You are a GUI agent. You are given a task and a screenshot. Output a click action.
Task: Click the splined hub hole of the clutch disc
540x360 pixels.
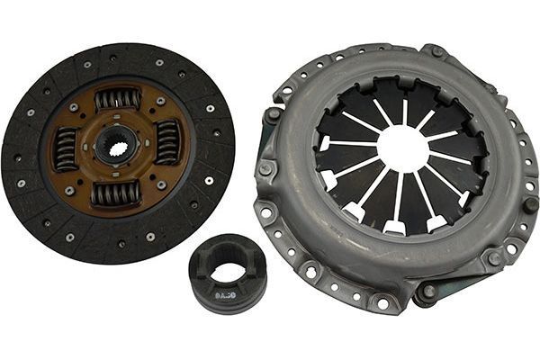point(118,144)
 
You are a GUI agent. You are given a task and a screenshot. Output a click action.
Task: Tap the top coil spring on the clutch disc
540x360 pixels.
point(118,99)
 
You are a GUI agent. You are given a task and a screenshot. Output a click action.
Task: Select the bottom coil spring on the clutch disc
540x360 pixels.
point(116,193)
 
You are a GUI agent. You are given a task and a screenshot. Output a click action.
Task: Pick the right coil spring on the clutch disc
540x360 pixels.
point(167,142)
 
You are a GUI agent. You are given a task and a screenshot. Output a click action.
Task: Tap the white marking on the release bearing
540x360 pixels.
point(223,293)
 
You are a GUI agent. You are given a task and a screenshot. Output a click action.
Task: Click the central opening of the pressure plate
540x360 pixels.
point(401,148)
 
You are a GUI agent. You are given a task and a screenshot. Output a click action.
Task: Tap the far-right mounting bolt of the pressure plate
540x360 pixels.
point(531,205)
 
